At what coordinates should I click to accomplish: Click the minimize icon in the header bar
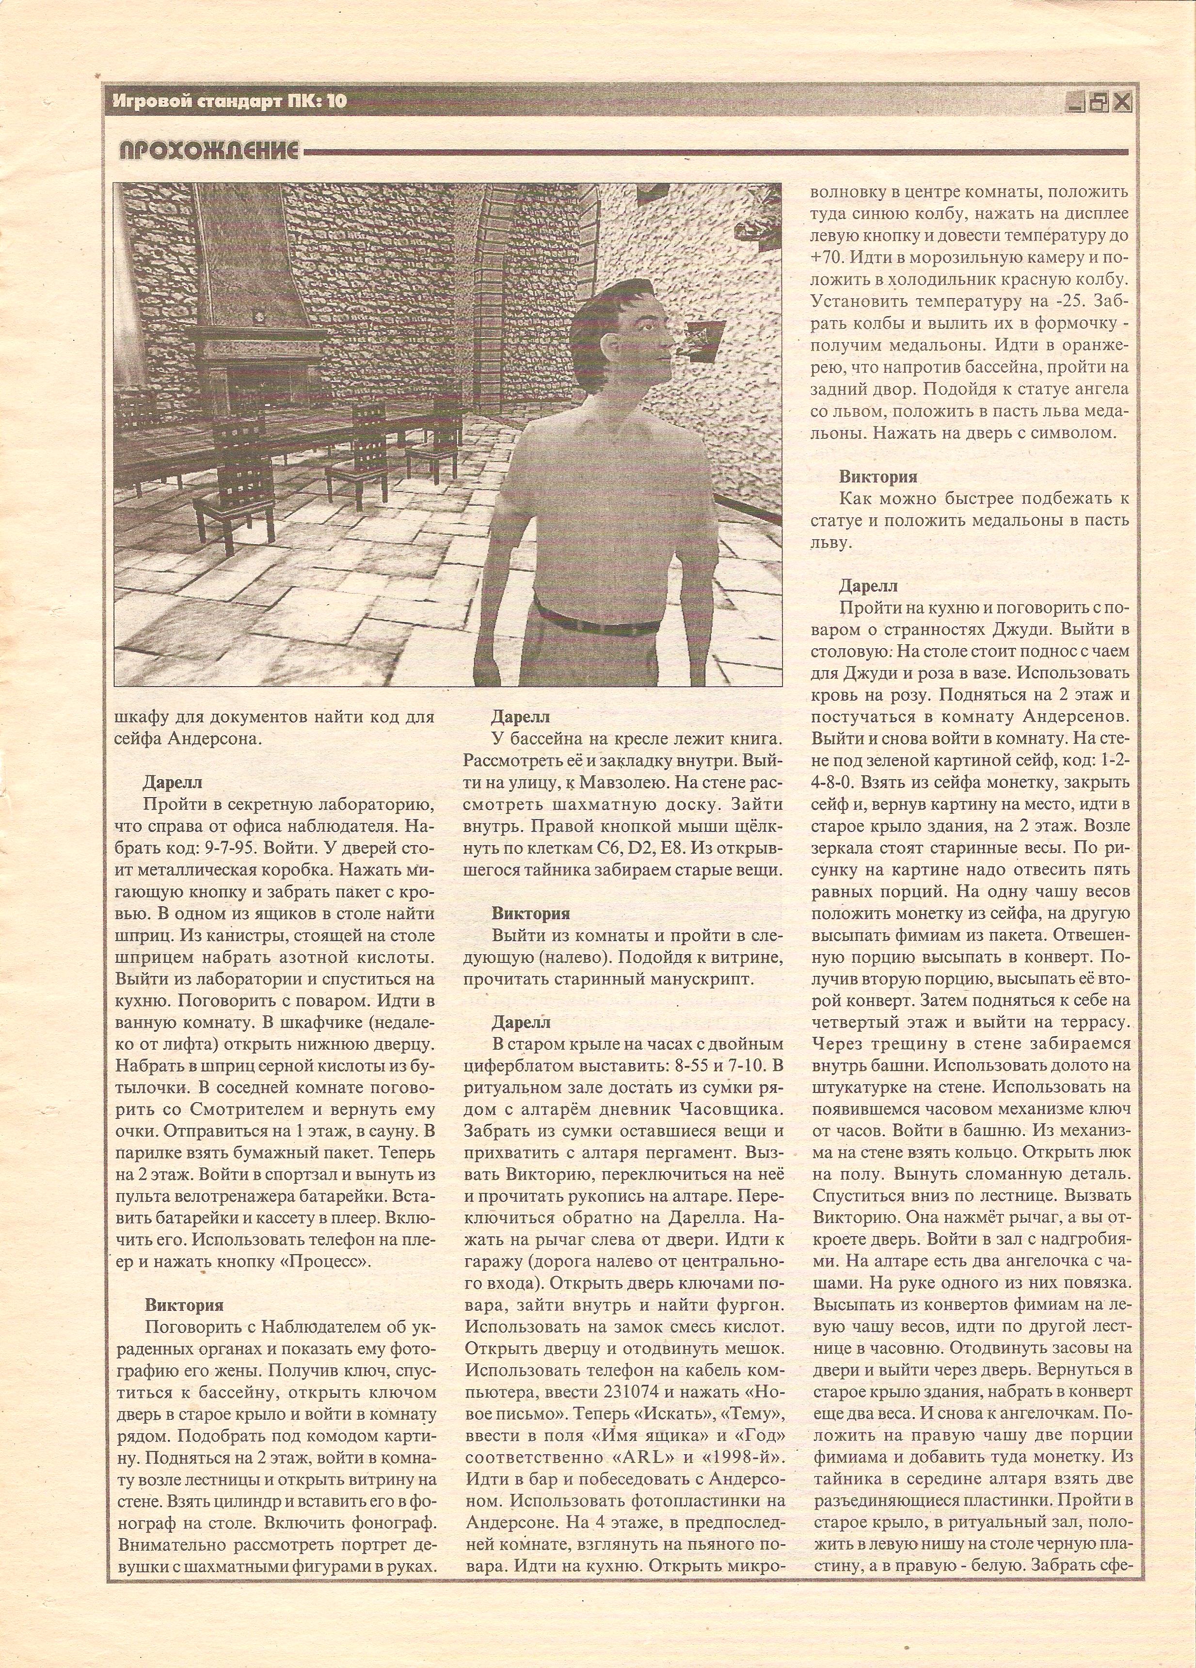pyautogui.click(x=1075, y=103)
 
